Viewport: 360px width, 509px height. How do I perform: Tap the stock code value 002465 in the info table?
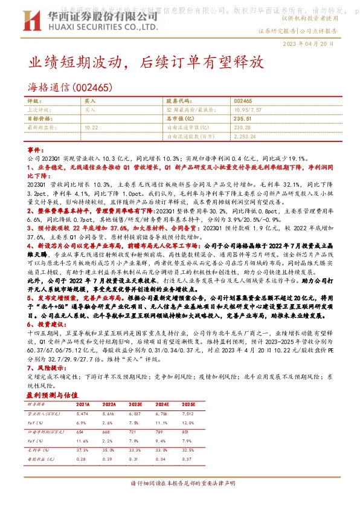point(243,102)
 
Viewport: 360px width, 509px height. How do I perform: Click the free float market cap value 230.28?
point(242,128)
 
